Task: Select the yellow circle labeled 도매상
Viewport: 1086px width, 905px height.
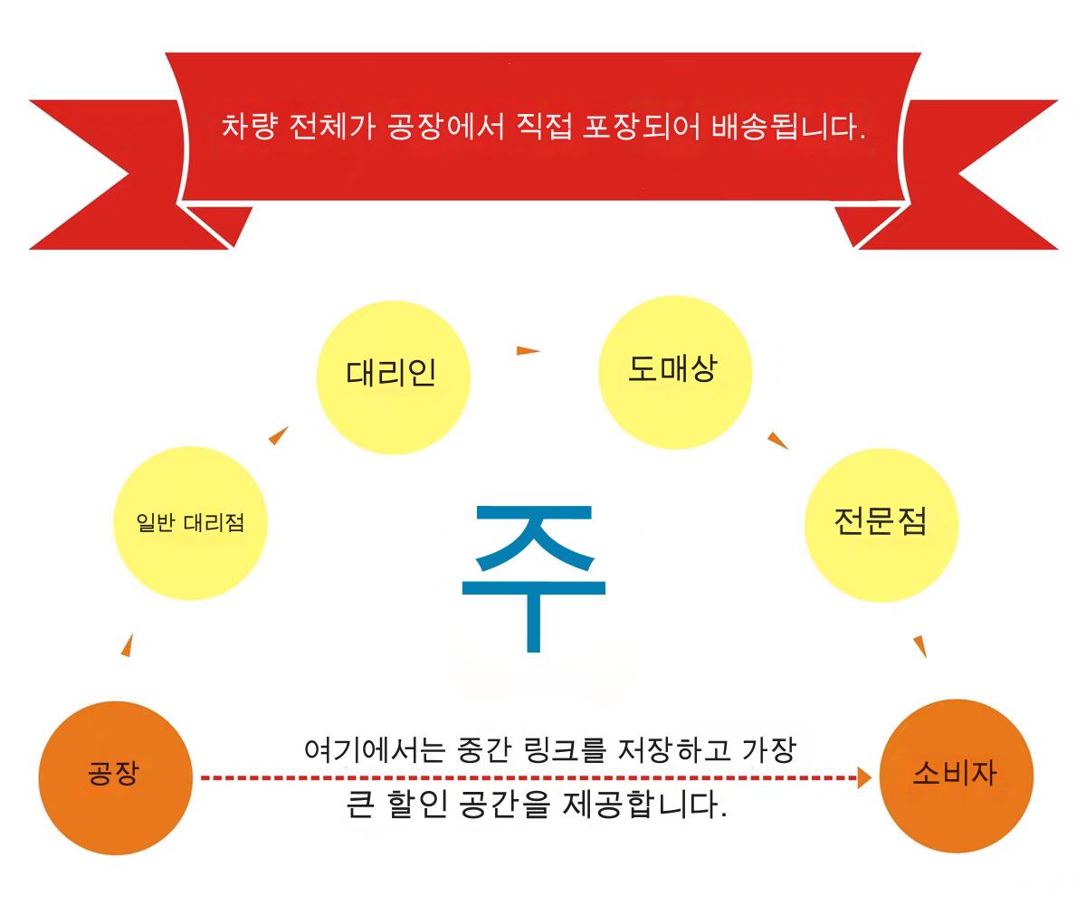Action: pos(676,372)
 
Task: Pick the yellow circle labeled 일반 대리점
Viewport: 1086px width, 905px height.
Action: pos(191,523)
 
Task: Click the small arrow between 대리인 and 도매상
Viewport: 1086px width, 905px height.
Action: pos(528,350)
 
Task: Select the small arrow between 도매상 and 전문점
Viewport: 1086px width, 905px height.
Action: pos(776,441)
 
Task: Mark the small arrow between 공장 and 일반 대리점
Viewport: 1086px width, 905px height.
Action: pos(127,644)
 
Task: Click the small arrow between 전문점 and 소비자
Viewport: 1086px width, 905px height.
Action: pos(919,646)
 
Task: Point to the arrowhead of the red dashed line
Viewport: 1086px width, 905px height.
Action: pos(864,777)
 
